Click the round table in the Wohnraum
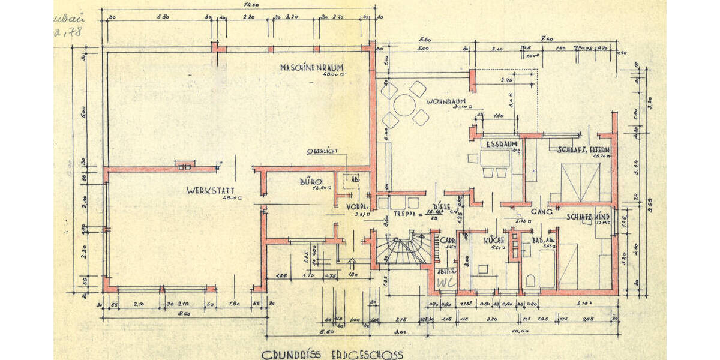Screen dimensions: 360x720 [406, 106]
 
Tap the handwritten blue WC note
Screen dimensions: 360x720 [445, 281]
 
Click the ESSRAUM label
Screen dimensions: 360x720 [498, 144]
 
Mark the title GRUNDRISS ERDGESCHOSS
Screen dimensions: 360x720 [332, 355]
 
